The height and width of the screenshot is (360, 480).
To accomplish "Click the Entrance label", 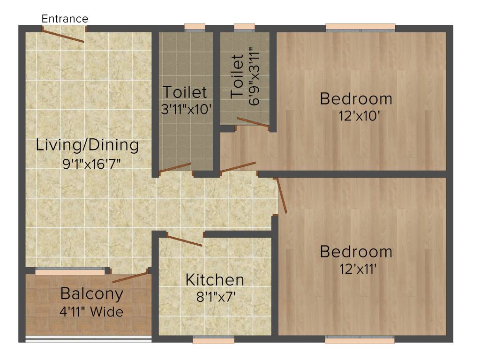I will click(65, 19).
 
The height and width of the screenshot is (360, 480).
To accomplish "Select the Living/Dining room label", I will click(87, 145).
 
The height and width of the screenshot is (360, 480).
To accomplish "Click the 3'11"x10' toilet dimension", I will click(187, 110).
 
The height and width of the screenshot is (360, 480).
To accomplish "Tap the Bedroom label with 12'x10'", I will click(356, 99).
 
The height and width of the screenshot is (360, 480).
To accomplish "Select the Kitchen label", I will click(215, 280).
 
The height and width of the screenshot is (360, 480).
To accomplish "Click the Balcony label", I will click(92, 294).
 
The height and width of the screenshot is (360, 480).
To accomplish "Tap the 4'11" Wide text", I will click(92, 311).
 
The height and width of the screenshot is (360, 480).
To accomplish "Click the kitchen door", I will click(185, 241).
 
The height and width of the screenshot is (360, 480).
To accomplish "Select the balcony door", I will click(130, 277).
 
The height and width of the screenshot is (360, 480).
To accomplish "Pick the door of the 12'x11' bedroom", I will click(282, 196).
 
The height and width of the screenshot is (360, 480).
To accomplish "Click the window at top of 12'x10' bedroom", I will click(360, 27).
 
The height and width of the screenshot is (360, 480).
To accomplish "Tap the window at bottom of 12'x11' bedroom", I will click(360, 340).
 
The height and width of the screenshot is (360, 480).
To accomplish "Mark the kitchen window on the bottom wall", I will click(213, 340).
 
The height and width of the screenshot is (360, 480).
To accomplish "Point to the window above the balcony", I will click(70, 271).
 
